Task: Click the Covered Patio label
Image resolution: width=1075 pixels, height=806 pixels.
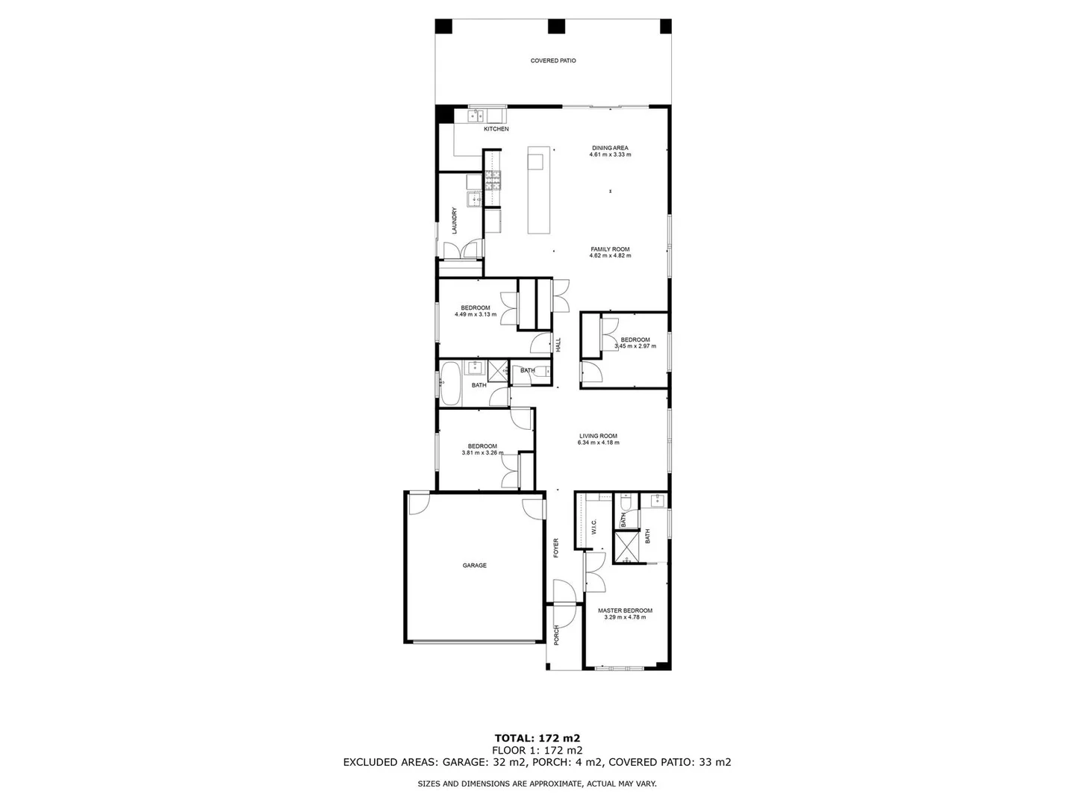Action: tap(553, 60)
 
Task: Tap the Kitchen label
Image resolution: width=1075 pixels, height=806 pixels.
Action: tap(496, 129)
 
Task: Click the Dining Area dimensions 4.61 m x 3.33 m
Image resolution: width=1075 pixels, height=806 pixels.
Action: tap(610, 154)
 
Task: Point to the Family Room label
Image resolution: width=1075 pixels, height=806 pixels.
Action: tap(610, 249)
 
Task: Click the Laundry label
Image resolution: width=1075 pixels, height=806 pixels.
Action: tap(454, 220)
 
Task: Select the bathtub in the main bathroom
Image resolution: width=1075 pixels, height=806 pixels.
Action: tap(451, 384)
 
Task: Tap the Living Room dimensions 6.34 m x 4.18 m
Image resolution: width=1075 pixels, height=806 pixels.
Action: tap(598, 443)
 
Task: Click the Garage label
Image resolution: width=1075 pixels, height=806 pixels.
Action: tap(474, 566)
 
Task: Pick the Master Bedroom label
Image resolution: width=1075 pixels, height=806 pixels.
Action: tap(625, 610)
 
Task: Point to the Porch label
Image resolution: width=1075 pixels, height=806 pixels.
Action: tap(556, 635)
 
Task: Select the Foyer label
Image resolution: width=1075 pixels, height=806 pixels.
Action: tap(556, 549)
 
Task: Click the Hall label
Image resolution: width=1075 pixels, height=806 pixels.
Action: tap(558, 345)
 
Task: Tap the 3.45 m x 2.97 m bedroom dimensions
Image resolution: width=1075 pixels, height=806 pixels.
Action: tap(635, 346)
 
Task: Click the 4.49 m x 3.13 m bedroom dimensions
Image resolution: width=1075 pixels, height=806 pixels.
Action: tap(475, 314)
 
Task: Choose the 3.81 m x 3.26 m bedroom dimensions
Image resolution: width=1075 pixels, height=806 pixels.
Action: tap(482, 453)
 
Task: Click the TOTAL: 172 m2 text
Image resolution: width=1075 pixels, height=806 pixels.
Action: tap(537, 738)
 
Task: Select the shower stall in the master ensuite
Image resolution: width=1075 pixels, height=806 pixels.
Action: tap(626, 546)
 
